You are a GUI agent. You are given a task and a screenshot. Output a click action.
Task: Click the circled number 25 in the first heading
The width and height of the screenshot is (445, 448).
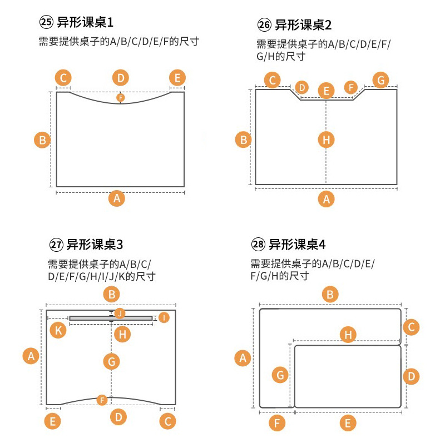coord(46,23)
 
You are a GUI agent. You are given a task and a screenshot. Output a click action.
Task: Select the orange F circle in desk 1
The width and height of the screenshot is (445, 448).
coord(120,98)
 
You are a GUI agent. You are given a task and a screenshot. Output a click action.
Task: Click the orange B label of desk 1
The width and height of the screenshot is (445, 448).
coord(42,139)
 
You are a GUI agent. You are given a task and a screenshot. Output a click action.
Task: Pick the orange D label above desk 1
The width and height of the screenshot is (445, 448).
coord(120,78)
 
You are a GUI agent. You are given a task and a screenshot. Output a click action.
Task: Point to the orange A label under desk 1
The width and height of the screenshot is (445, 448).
coord(116,198)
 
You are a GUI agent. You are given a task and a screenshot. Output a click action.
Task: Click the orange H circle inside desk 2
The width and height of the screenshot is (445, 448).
coord(327,140)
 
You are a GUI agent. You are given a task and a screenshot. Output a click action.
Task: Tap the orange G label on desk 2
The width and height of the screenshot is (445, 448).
coord(380,80)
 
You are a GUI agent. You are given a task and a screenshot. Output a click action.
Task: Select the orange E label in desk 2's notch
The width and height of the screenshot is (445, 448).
coord(327,91)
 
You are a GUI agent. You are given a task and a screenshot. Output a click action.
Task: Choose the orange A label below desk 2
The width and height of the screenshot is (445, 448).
coord(327,198)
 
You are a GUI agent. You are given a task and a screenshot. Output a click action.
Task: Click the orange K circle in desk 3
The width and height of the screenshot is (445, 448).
coord(57,331)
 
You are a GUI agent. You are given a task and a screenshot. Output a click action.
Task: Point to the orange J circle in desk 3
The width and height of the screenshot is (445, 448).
coord(120,313)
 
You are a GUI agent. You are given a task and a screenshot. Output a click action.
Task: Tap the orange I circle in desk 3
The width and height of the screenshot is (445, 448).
coord(164,317)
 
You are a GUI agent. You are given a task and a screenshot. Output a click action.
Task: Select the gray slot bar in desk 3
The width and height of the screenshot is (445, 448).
coord(111,318)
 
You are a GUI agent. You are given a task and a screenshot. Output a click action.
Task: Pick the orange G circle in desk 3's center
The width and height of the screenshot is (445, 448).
coord(111,362)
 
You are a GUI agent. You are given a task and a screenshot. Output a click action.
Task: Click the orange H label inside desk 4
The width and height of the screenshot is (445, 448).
coord(348,334)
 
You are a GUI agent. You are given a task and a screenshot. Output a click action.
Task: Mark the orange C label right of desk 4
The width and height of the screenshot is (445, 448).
coord(411,327)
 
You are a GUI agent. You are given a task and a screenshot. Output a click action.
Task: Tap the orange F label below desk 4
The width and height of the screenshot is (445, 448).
coord(276,424)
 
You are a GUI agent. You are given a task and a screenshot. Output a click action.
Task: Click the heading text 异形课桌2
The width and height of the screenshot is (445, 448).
coord(303,25)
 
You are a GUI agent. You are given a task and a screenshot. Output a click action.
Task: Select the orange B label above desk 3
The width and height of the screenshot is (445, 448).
coord(112,295)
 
